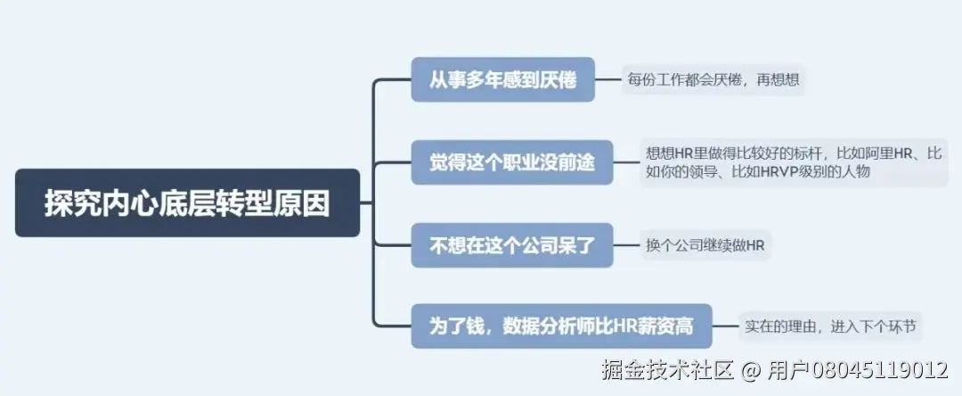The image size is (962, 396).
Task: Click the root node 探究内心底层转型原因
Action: (x=187, y=203)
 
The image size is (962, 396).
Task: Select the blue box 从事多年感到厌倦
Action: (x=502, y=80)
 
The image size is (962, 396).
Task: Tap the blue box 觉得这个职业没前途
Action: (x=512, y=162)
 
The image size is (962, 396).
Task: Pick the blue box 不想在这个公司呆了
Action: (x=512, y=244)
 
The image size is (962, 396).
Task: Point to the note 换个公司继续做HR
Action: (x=705, y=244)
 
